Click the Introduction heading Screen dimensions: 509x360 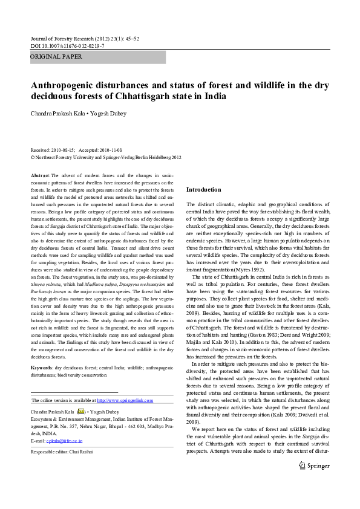point(204,189)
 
